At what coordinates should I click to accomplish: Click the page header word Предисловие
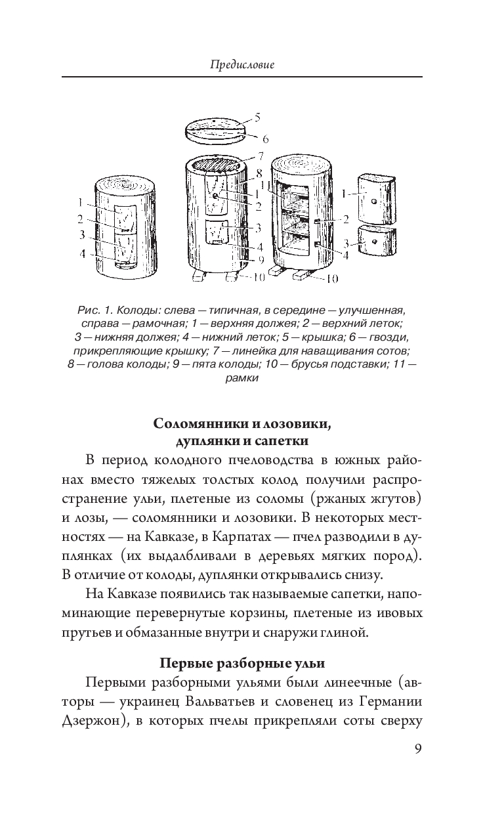[x=242, y=64]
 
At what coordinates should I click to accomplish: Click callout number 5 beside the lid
[x=258, y=118]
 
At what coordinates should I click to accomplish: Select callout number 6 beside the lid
[x=265, y=139]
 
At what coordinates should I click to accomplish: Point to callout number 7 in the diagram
[x=261, y=156]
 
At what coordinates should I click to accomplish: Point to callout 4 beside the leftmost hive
[x=83, y=252]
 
